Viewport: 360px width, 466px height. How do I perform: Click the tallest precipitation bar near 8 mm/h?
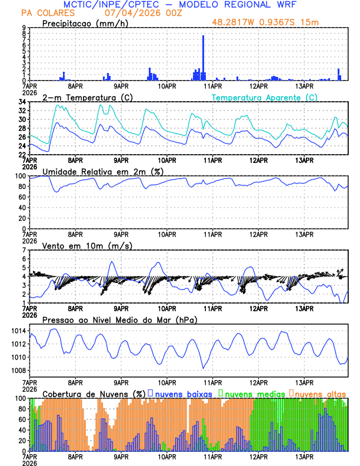[204, 58]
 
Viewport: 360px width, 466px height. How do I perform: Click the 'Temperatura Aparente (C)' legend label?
[264, 97]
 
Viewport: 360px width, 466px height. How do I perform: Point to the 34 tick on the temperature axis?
[22, 102]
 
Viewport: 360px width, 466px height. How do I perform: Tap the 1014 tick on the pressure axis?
[17, 331]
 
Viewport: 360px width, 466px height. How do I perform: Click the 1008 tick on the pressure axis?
[17, 370]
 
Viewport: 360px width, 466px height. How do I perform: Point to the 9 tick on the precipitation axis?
[24, 28]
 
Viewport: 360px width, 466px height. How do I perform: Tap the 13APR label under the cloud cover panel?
[304, 456]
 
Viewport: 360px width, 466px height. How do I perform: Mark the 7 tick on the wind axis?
[24, 249]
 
